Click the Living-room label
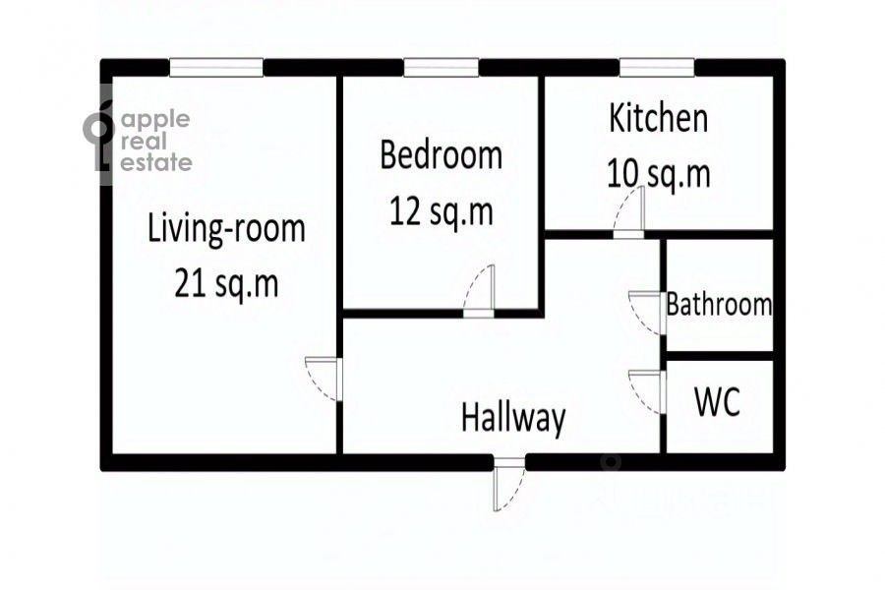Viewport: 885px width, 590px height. [x=226, y=229]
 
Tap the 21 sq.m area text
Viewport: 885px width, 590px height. [x=226, y=283]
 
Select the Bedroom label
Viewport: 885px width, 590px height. [x=441, y=155]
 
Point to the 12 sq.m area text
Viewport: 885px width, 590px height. [x=441, y=211]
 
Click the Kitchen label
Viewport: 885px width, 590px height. [x=658, y=118]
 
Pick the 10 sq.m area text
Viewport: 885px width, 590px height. [x=658, y=173]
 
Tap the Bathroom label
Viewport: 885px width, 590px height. [x=719, y=304]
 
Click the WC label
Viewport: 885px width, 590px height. [x=718, y=402]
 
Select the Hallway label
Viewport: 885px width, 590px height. [x=513, y=418]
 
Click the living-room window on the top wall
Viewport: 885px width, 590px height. [x=216, y=68]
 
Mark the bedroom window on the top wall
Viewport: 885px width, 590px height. [x=442, y=68]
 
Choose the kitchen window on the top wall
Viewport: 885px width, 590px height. [x=657, y=68]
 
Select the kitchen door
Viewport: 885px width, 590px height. [x=628, y=212]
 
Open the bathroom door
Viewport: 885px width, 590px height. [x=647, y=313]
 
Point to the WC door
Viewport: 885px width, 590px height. [x=647, y=391]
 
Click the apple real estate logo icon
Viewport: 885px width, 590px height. [x=99, y=136]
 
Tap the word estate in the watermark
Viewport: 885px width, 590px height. [x=156, y=162]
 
